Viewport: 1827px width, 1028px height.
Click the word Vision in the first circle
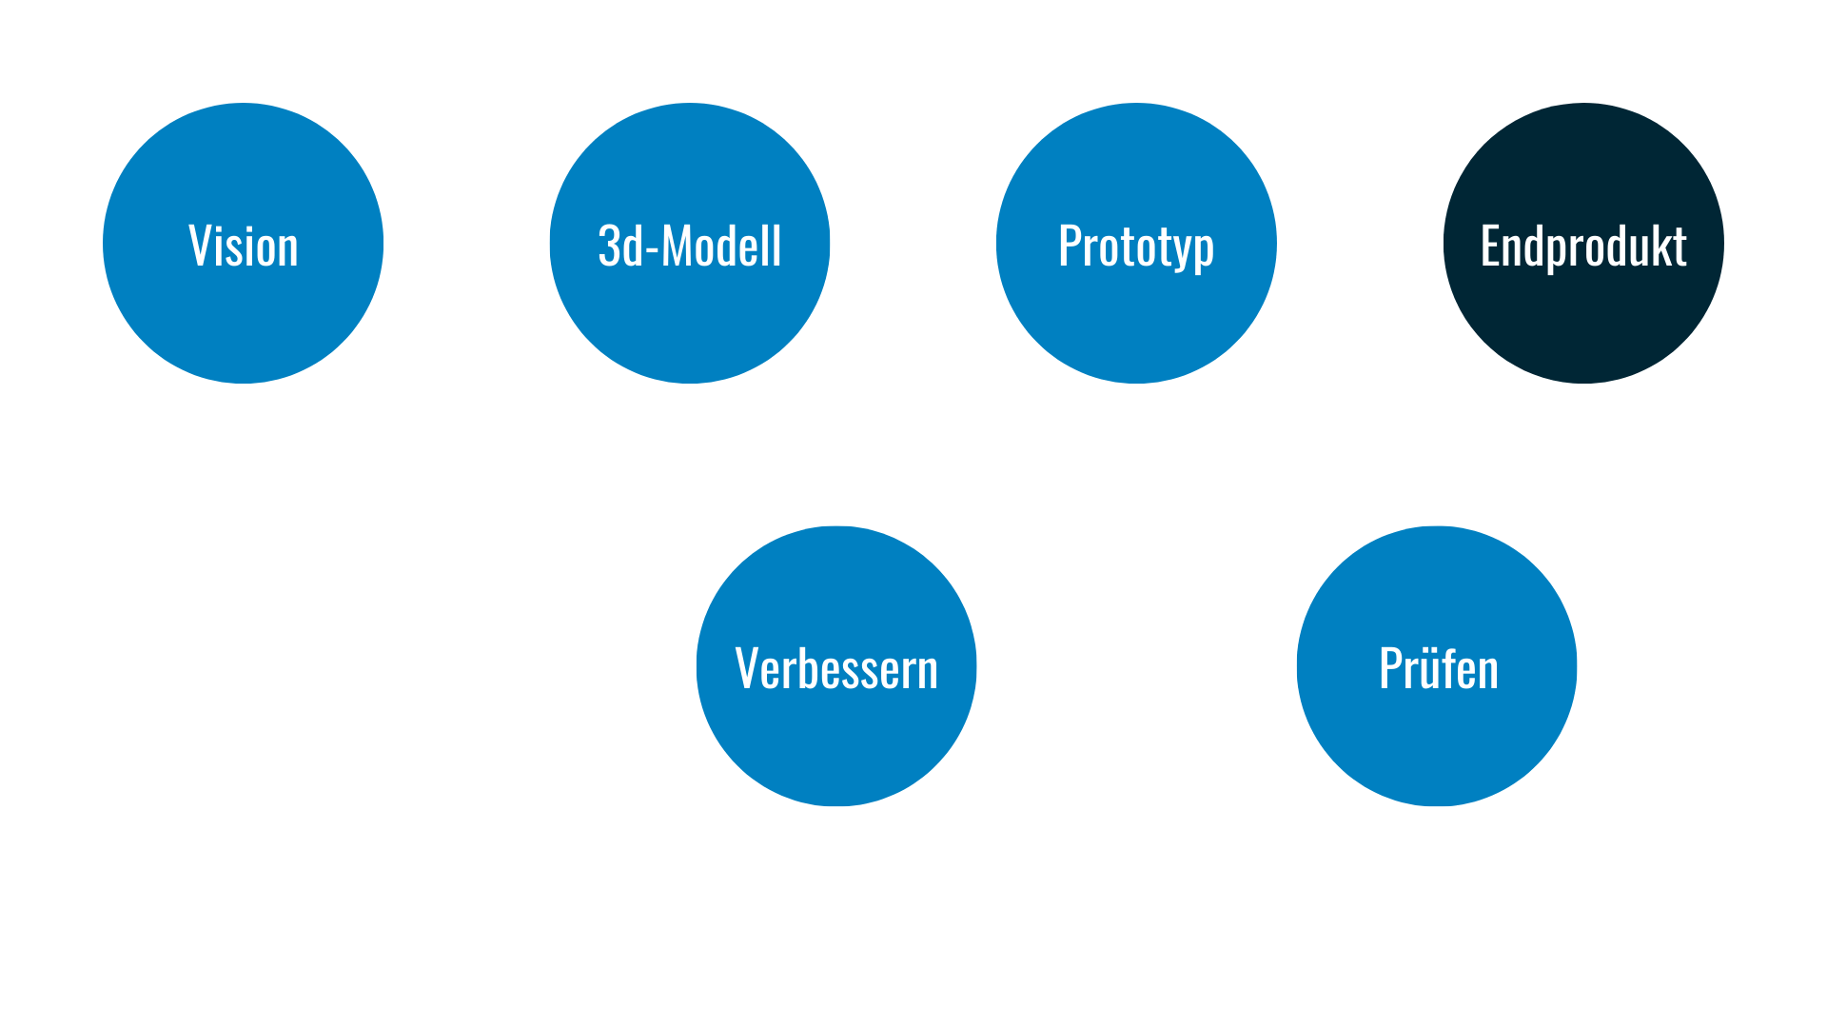coord(244,247)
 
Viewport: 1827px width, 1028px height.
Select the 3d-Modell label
coord(690,247)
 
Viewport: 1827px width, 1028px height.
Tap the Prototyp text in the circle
coord(1136,247)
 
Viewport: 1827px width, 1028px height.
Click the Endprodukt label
coord(1583,247)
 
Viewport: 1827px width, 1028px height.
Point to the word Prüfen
coord(1439,669)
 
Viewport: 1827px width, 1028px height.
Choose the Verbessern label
coord(836,669)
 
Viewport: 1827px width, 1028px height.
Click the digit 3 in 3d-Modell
coord(609,247)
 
